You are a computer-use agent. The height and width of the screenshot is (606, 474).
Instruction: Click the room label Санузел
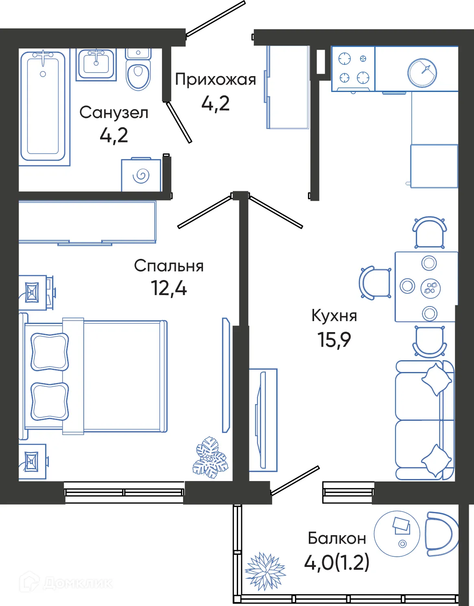tap(114, 113)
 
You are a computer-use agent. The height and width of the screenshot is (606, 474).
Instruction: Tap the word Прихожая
tap(215, 80)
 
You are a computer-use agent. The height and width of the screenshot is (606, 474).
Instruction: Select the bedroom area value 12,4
tap(168, 288)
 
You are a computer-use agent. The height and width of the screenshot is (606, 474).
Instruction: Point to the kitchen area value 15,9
tap(334, 340)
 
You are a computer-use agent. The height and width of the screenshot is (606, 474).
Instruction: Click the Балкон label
tap(337, 538)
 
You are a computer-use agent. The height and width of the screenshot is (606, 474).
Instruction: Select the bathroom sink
tap(96, 64)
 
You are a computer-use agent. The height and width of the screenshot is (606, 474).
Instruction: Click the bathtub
tap(43, 106)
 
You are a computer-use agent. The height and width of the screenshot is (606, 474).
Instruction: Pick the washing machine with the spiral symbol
tap(141, 175)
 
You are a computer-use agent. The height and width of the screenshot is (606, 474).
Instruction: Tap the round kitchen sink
tap(422, 73)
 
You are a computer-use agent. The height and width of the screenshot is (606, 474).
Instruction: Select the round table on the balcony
tap(397, 534)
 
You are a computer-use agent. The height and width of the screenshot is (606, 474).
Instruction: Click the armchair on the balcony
tap(441, 534)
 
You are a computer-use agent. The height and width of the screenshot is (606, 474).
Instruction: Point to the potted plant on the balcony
tap(265, 571)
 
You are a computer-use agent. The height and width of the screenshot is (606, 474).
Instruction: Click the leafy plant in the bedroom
tap(210, 458)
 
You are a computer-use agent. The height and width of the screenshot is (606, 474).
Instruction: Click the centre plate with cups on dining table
tap(430, 287)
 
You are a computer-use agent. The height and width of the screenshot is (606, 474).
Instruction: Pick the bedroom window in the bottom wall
tap(125, 492)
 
